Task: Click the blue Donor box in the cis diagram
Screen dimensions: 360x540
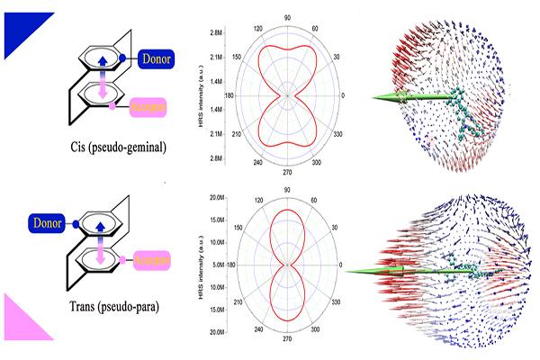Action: (162, 61)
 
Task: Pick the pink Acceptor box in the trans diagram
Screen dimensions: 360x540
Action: (153, 261)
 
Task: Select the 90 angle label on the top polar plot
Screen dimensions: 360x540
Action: (287, 17)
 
